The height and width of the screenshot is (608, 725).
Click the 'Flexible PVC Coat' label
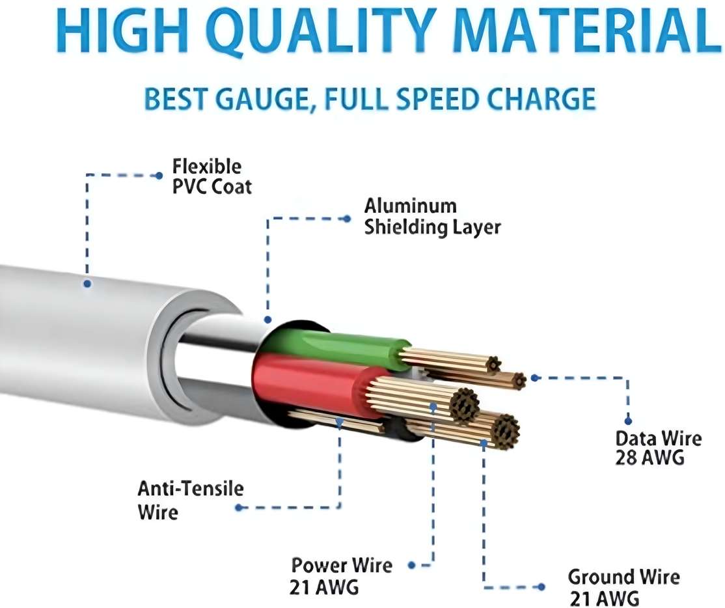point(212,176)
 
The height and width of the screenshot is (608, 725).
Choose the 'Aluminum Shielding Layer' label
point(432,216)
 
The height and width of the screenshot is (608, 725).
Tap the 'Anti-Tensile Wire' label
point(190,501)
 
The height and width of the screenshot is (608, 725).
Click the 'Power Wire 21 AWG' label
point(341,575)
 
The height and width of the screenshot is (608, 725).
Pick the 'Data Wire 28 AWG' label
point(658,447)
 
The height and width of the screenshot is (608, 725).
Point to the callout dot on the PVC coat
point(87,283)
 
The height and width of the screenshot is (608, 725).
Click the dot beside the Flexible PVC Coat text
point(159,176)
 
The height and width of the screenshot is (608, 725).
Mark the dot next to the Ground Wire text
point(541,587)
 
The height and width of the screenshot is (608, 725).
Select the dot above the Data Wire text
point(628,421)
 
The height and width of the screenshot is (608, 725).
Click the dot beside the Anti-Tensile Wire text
point(239,508)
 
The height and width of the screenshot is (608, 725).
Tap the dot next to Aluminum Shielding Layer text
point(348,219)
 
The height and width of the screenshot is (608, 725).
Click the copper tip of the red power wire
point(465,404)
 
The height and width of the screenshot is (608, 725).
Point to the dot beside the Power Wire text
point(411,565)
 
